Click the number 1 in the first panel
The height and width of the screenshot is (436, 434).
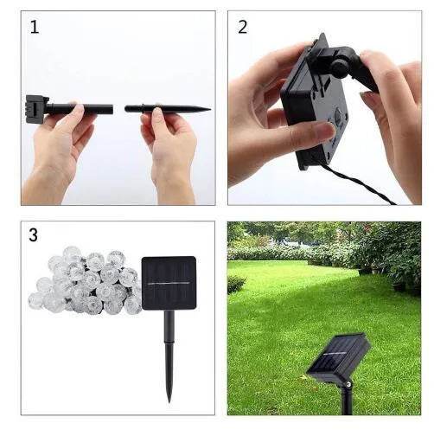coord(35,27)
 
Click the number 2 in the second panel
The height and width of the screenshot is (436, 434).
coord(242,27)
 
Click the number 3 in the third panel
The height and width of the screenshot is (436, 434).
coord(34,235)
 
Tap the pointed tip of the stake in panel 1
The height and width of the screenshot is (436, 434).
coord(207,109)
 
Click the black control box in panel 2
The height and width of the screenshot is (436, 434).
coord(313,104)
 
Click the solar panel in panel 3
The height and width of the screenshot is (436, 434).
coord(169,283)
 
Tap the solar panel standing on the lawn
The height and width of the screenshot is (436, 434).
coord(338,355)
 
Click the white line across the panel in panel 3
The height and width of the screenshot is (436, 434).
coord(169,283)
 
